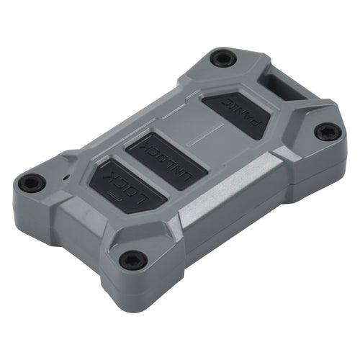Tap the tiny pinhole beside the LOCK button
pyautogui.click(x=66, y=176)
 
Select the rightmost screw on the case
pyautogui.click(x=327, y=132)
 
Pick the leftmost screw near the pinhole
pyautogui.click(x=31, y=183)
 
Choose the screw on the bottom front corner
pyautogui.click(x=131, y=260)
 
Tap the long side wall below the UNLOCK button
pyautogui.click(x=238, y=209)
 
